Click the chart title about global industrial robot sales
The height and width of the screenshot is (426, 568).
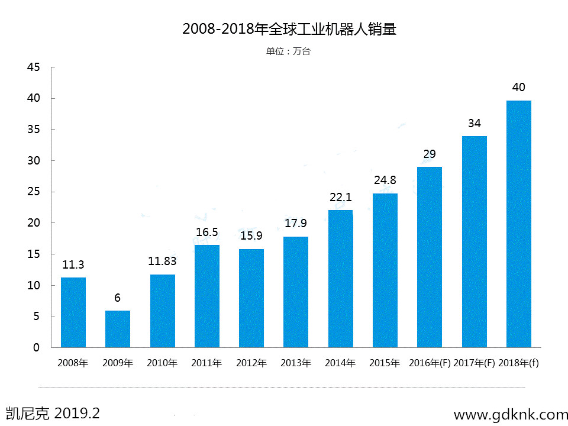tap(289, 29)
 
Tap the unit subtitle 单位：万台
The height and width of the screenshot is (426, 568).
tap(288, 51)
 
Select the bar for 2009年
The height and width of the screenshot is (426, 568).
tap(118, 329)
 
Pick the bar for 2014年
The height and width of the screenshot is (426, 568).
tap(340, 279)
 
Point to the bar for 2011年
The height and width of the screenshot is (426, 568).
tap(207, 296)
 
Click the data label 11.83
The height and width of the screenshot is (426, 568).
tap(162, 261)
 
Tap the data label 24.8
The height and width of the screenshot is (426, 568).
tap(385, 180)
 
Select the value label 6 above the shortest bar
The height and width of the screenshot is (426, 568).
tap(117, 298)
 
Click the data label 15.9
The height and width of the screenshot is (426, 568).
tap(251, 235)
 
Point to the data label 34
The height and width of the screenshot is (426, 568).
tap(474, 123)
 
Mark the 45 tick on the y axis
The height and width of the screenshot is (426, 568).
tap(33, 67)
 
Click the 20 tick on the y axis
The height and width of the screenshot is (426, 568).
tap(33, 223)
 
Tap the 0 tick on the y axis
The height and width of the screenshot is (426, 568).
tap(37, 348)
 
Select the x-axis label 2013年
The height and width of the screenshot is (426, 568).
tap(296, 363)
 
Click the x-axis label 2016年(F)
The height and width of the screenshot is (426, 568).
tap(430, 363)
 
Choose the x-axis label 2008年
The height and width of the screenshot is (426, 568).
tap(73, 363)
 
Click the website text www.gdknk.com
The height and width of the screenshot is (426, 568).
tap(511, 415)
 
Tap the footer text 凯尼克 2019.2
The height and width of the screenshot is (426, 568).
tap(53, 413)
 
